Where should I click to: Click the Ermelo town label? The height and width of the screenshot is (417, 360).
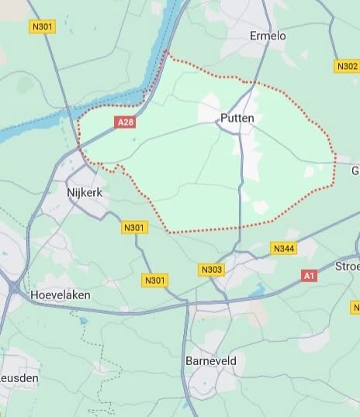pos(269,36)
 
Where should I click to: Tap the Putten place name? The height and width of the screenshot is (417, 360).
pos(237,118)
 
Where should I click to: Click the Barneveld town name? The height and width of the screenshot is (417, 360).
pos(210,362)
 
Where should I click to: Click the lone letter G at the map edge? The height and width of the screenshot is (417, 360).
pos(355,171)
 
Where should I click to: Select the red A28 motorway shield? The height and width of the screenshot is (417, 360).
pos(124,122)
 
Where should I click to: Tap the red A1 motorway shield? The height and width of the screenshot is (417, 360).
pos(310,275)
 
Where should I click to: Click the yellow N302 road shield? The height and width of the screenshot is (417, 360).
pos(346,66)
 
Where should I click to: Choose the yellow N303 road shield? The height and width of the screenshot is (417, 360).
pos(211,270)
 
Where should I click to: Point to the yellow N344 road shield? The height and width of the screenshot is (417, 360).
pos(282,248)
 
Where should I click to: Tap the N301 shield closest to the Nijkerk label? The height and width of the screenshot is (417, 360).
pos(133,227)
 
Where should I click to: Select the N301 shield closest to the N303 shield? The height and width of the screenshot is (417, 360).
pos(155,280)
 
